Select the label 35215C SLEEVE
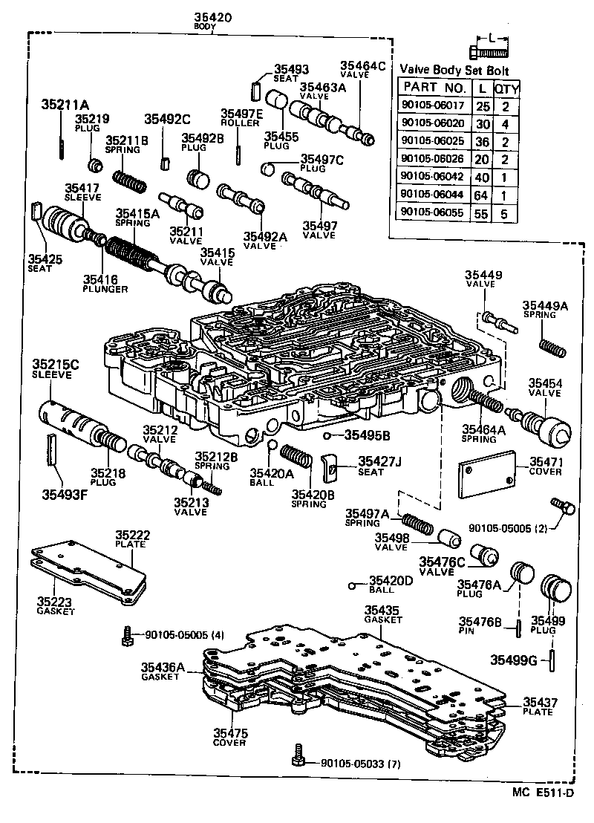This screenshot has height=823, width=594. point(55,368)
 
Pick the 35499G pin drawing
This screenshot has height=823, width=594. point(555,660)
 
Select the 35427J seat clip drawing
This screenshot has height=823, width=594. point(331,468)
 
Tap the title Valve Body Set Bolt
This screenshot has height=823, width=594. point(454,69)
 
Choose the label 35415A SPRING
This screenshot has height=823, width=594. point(137,216)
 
